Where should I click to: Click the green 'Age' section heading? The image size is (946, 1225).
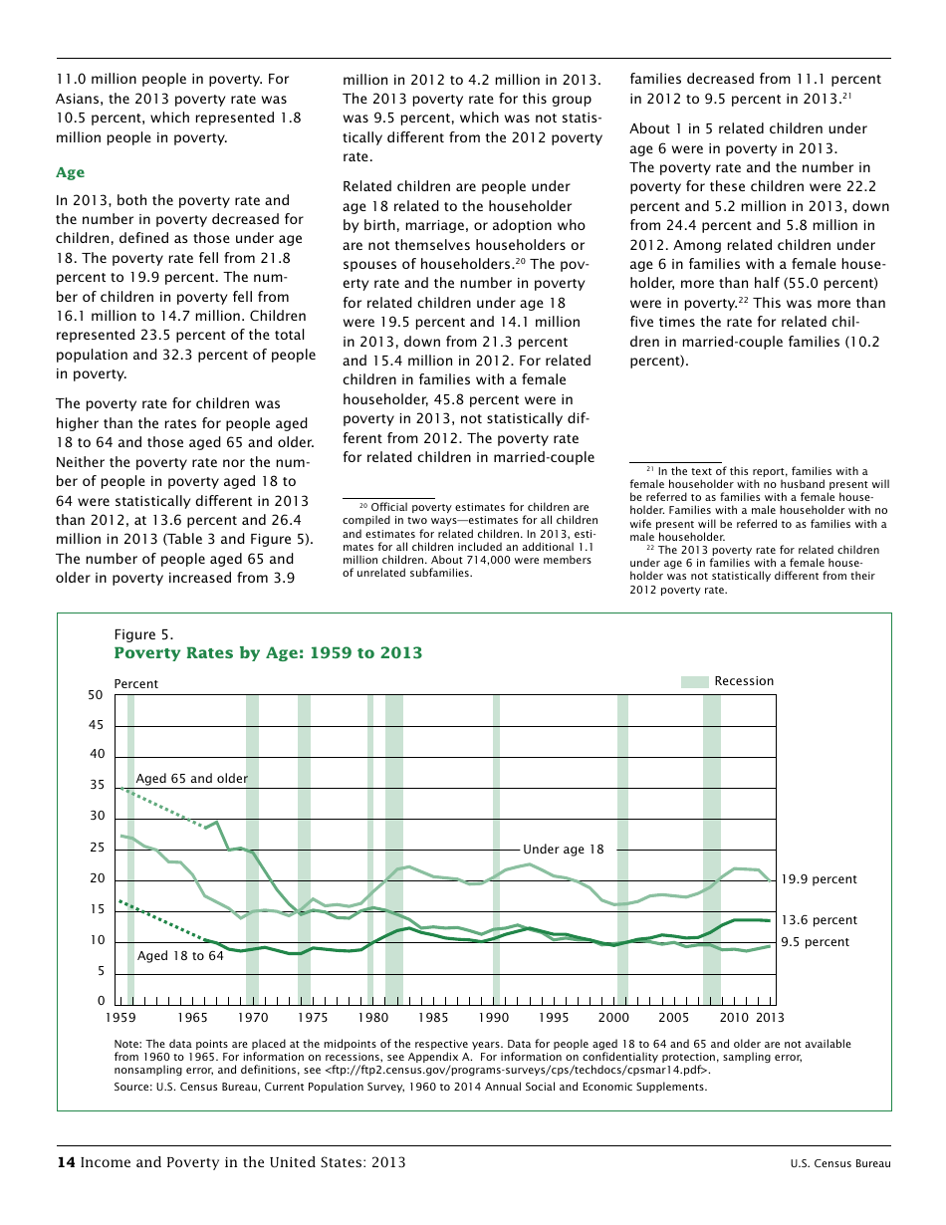(x=70, y=172)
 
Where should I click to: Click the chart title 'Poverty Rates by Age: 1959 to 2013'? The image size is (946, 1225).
(x=268, y=653)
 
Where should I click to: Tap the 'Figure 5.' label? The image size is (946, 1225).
(x=143, y=634)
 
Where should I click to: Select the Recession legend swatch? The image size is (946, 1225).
(x=694, y=681)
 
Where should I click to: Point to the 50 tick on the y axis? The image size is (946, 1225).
(x=96, y=695)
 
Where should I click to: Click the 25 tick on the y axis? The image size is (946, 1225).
(x=97, y=849)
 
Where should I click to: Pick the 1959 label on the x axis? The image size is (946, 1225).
(x=121, y=1018)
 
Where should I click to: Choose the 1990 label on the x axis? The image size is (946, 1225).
(x=493, y=1018)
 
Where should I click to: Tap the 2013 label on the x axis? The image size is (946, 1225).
(x=770, y=1018)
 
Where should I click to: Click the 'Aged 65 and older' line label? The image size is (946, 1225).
(x=191, y=779)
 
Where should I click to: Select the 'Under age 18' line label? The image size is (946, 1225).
(x=563, y=850)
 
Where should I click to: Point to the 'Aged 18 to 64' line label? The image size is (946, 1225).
(x=180, y=956)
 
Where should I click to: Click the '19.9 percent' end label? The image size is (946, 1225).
(x=819, y=879)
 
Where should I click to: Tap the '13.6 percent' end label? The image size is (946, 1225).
(x=819, y=920)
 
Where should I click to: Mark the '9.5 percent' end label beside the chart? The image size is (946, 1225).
(x=815, y=942)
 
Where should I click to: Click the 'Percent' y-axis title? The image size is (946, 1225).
(x=135, y=684)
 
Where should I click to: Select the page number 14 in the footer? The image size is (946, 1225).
(x=65, y=1162)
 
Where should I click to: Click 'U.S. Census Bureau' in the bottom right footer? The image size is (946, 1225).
(x=840, y=1163)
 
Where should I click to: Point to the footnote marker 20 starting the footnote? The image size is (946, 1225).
(x=363, y=506)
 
